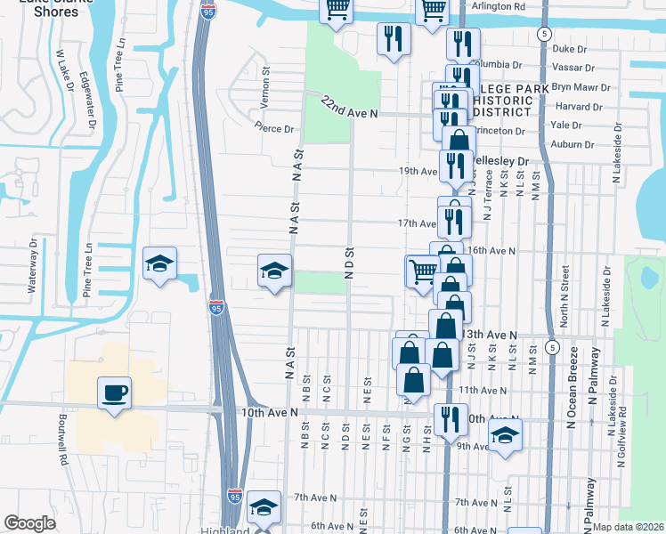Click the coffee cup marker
point(114,394)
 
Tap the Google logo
point(30,523)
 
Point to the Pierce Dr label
point(274,129)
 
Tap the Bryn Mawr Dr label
point(581,88)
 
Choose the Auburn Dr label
point(572,144)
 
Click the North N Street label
point(564,283)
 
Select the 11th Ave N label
point(482,390)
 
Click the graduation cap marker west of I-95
point(160,264)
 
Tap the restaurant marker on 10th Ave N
point(451,417)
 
